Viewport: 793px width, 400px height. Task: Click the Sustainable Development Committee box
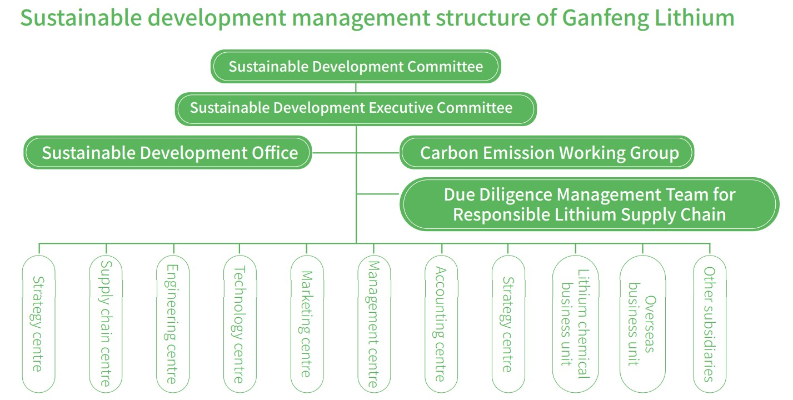point(356,67)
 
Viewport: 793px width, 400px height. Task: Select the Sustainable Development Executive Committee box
point(356,108)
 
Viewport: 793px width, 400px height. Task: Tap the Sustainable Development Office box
point(167,152)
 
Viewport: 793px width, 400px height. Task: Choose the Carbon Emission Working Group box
point(547,152)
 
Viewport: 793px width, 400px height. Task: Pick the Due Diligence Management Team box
point(589,204)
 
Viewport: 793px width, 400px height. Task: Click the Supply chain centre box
point(106,324)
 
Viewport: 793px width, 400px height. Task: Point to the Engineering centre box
point(173,324)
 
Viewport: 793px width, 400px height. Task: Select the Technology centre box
point(240,324)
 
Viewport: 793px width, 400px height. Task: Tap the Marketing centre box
point(307,324)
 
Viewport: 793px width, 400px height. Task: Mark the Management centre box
point(374,324)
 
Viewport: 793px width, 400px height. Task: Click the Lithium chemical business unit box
point(575,324)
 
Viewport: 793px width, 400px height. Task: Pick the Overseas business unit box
point(642,324)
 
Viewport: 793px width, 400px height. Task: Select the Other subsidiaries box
point(710,324)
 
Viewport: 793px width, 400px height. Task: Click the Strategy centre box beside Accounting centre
point(508,324)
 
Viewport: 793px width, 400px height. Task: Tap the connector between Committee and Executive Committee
point(356,88)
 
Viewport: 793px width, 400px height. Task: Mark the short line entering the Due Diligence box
point(378,194)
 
